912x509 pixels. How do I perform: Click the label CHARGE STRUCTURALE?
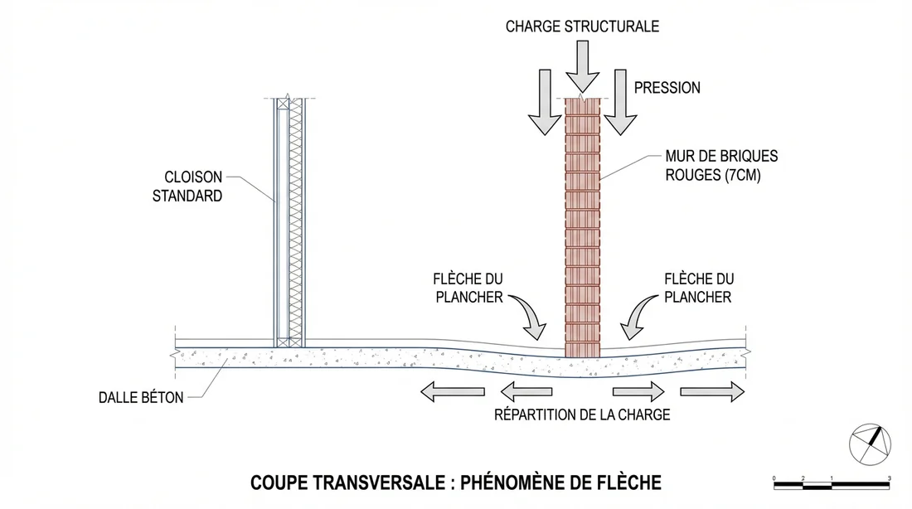pos(583,27)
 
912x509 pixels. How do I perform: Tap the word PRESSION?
pos(667,88)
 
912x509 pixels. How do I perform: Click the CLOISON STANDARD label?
pos(187,187)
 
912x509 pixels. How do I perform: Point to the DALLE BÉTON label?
pos(140,398)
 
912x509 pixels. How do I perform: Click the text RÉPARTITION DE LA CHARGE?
pos(581,414)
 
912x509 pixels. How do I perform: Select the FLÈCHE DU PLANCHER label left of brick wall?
pos(468,288)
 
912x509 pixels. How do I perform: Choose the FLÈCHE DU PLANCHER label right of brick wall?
pos(698,288)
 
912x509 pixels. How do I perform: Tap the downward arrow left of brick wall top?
pos(544,101)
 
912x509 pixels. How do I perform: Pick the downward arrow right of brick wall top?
pos(619,101)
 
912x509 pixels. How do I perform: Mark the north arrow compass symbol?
pos(870,444)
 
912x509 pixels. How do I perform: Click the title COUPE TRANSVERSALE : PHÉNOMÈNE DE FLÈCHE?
pos(456,482)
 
